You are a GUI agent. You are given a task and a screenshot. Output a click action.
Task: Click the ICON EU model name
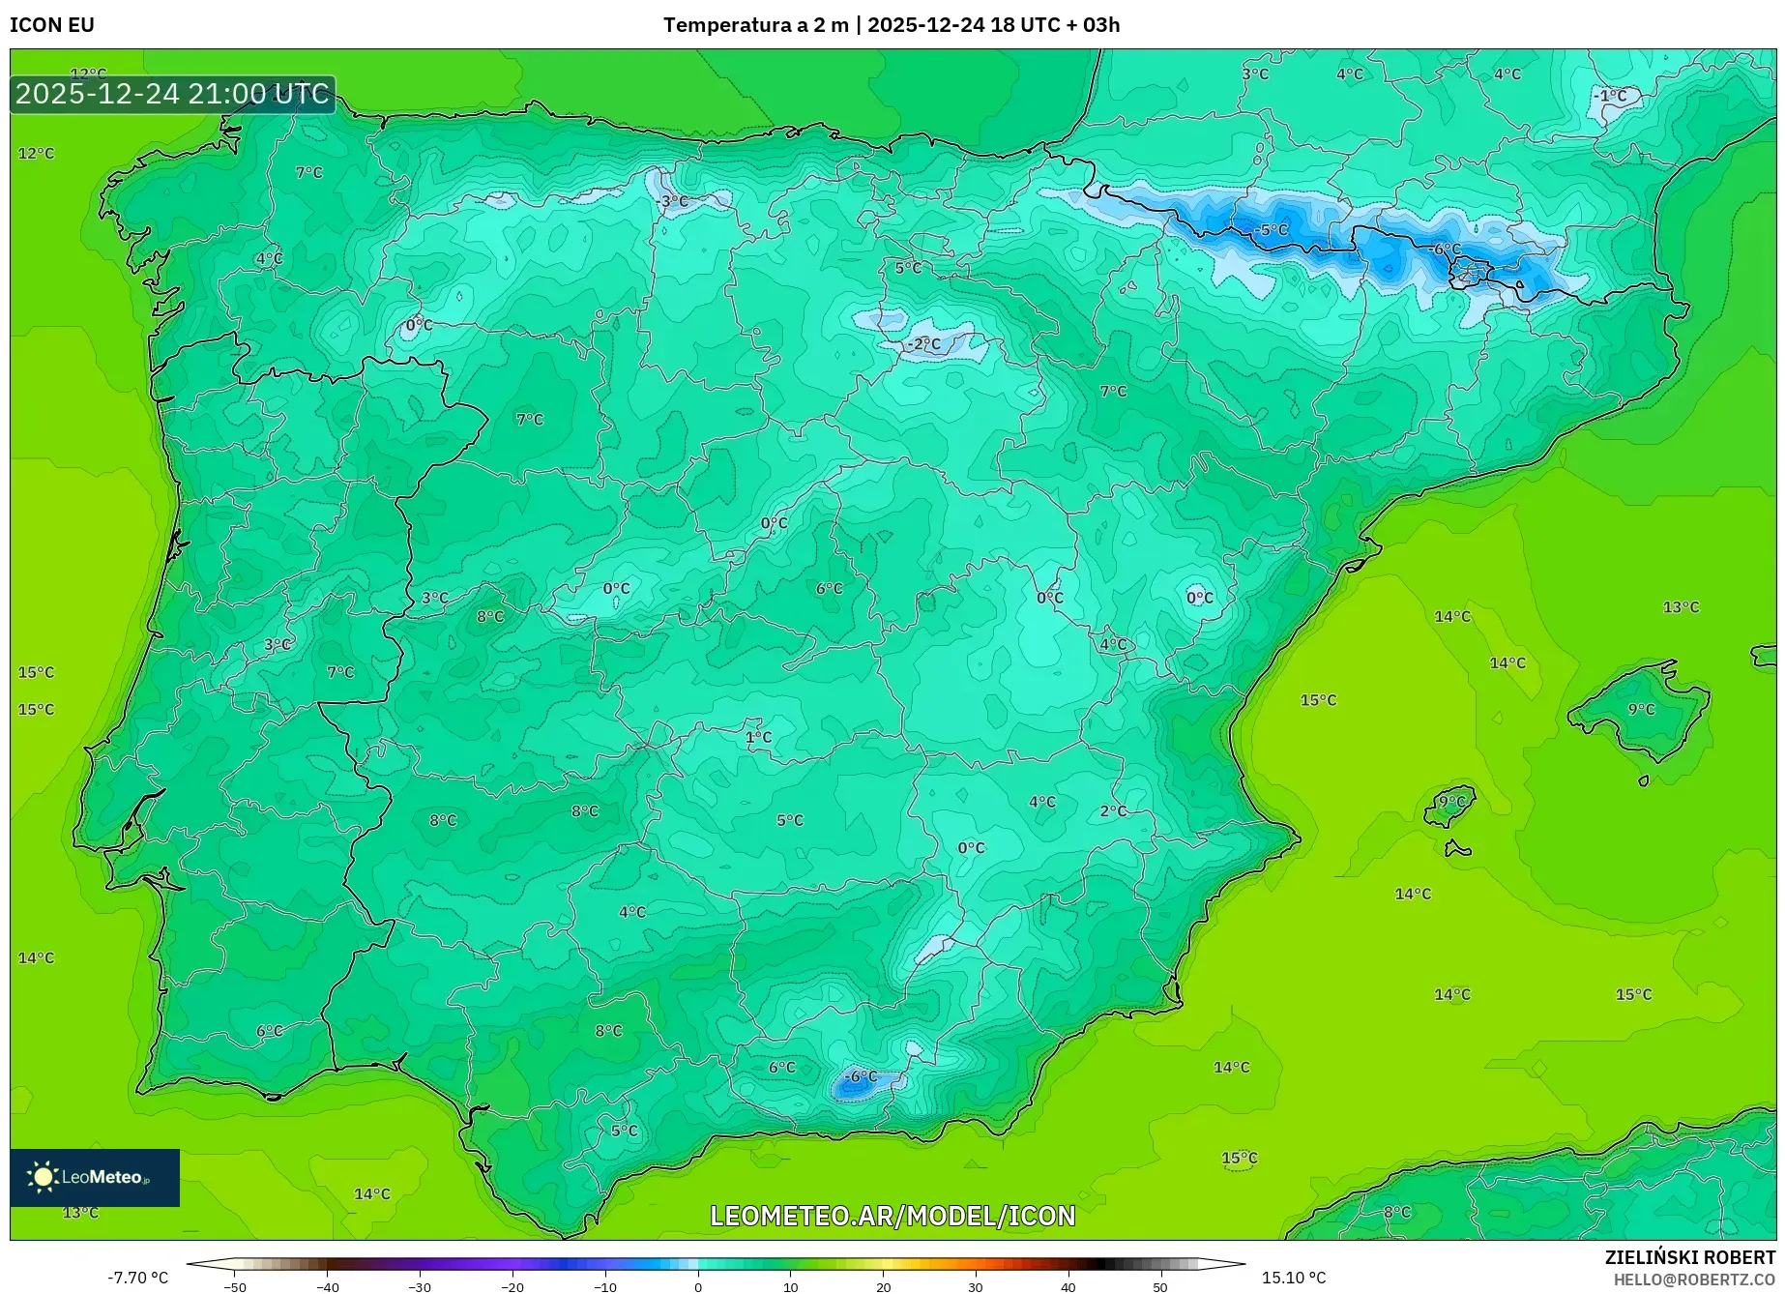tap(52, 25)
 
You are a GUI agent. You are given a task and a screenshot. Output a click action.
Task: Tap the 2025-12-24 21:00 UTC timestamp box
tap(172, 94)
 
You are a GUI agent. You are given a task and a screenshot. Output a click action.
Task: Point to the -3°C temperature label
tap(673, 201)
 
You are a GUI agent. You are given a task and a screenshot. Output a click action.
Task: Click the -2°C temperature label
tap(923, 344)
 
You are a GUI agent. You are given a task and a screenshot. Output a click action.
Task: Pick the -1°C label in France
tap(1611, 96)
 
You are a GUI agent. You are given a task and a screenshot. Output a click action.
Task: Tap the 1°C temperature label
tap(758, 737)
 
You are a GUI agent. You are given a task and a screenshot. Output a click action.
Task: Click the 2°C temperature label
tap(1113, 811)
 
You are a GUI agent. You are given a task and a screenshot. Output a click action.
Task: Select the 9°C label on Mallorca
tap(1641, 709)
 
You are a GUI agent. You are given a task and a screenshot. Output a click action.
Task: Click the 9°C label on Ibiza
tap(1451, 802)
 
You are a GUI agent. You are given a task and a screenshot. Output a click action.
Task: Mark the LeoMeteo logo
tap(94, 1177)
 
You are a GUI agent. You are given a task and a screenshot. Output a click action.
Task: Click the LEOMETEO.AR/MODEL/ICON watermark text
tap(892, 1216)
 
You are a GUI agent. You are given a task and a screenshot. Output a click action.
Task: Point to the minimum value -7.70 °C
tap(137, 1278)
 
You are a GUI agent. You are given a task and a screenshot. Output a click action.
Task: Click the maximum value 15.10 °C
tap(1294, 1278)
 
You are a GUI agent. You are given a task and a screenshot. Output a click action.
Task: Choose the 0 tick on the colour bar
tap(698, 1286)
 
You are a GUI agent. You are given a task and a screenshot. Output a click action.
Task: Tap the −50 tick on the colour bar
tap(235, 1286)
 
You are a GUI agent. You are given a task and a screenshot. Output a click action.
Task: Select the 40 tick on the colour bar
tap(1068, 1286)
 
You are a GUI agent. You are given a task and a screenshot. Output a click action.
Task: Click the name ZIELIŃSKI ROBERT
tap(1690, 1257)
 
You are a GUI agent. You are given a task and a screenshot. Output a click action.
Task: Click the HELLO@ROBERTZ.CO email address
tap(1694, 1279)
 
